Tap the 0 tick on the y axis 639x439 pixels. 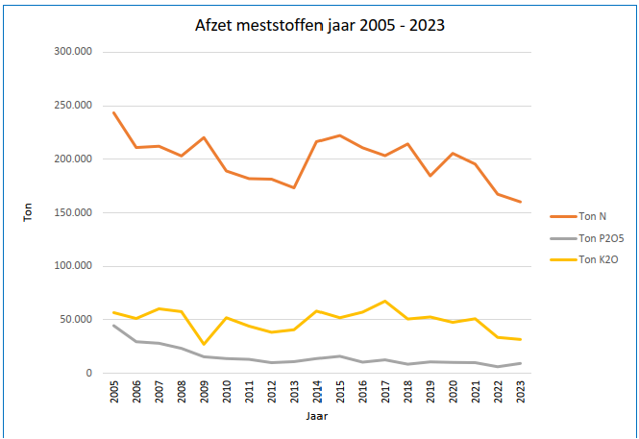pyautogui.click(x=88, y=374)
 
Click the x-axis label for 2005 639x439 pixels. pyautogui.click(x=113, y=395)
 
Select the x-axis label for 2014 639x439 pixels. pyautogui.click(x=317, y=395)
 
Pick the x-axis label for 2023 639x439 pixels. pyautogui.click(x=521, y=395)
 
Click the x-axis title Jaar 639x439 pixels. pyautogui.click(x=318, y=418)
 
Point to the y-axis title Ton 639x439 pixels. pyautogui.click(x=28, y=212)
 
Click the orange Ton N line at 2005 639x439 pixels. pyautogui.click(x=113, y=112)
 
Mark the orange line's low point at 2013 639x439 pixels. pyautogui.click(x=294, y=187)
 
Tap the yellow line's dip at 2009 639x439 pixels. pyautogui.click(x=204, y=344)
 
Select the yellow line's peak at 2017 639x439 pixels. pyautogui.click(x=384, y=301)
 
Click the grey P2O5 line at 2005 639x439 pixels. pyautogui.click(x=113, y=326)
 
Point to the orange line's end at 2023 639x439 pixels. pyautogui.click(x=521, y=202)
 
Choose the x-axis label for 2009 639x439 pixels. pyautogui.click(x=204, y=395)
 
